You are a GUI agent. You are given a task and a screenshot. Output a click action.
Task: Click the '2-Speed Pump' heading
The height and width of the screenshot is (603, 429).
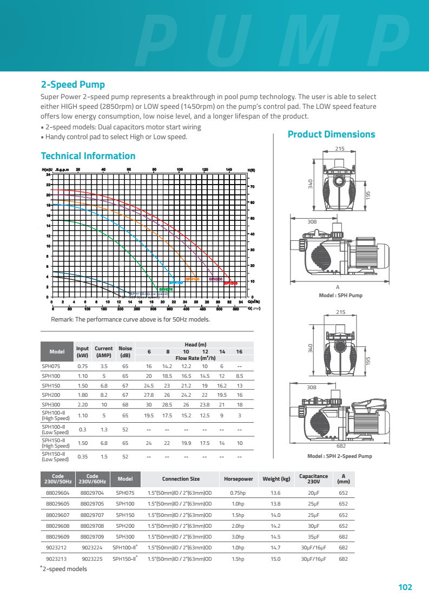click(x=73, y=84)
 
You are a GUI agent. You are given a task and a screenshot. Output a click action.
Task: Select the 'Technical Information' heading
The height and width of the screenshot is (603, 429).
click(x=88, y=156)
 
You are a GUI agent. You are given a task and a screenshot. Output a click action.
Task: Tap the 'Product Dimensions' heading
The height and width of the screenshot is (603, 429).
click(x=331, y=134)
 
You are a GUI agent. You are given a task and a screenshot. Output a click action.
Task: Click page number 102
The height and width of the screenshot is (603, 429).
click(x=405, y=587)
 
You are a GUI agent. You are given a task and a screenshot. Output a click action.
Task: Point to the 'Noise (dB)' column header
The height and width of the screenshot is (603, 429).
click(x=125, y=352)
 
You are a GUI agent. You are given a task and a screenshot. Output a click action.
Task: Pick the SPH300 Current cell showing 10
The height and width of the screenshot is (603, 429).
click(x=103, y=404)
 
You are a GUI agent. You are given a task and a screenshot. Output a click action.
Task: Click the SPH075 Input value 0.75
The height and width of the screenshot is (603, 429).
click(x=82, y=366)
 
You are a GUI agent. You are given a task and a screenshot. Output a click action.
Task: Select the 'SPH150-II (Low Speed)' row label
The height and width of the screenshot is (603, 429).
click(x=56, y=457)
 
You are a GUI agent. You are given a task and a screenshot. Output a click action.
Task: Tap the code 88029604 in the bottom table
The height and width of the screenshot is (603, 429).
click(x=58, y=493)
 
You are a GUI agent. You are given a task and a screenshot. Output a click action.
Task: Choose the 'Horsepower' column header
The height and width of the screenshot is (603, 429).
click(x=239, y=479)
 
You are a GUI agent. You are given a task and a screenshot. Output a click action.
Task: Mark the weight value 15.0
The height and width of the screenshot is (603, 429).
click(x=275, y=559)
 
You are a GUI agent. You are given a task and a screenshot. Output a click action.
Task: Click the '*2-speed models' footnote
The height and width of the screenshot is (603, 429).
click(x=63, y=569)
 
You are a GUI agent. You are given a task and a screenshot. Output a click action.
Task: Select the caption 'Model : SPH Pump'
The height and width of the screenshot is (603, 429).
click(x=341, y=296)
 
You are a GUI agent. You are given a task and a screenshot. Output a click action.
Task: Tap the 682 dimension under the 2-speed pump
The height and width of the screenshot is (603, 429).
click(x=341, y=445)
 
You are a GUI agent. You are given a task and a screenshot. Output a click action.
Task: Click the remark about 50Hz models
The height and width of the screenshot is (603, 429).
click(x=130, y=319)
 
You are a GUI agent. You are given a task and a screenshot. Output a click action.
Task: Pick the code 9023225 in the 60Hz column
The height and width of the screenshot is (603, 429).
click(x=92, y=559)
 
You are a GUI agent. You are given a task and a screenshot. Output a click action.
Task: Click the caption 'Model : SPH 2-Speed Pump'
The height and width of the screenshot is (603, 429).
click(x=340, y=456)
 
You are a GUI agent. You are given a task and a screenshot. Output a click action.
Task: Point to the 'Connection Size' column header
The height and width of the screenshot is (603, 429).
click(x=181, y=479)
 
